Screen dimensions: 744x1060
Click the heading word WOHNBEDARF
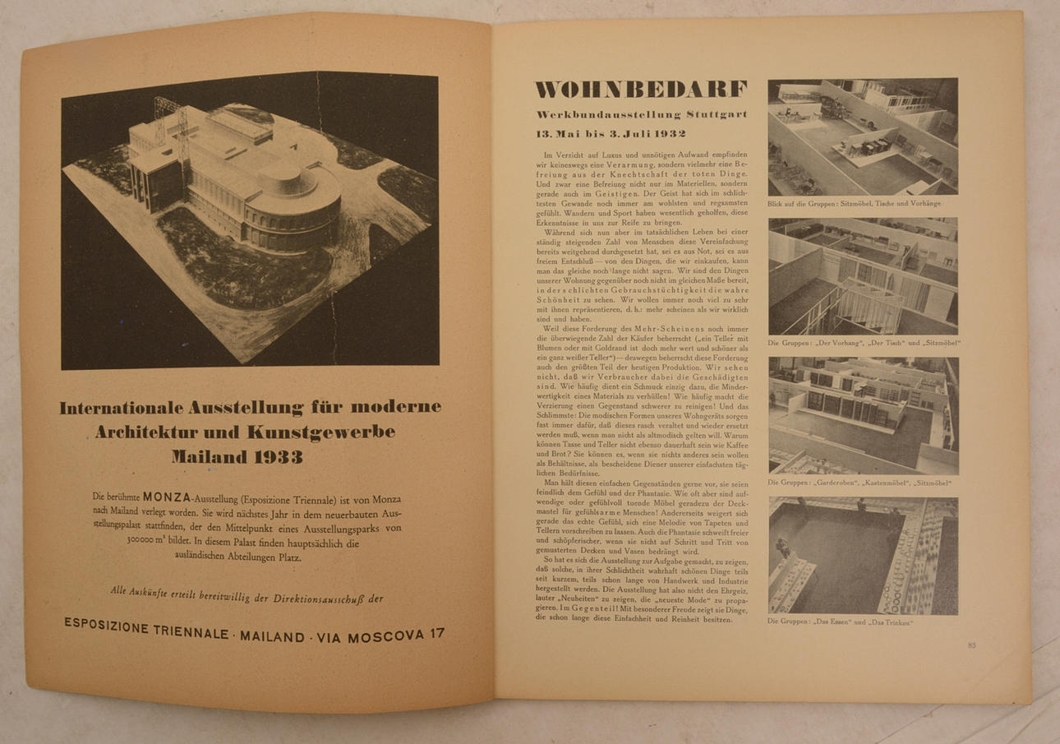(x=641, y=90)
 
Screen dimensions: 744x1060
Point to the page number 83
(x=971, y=645)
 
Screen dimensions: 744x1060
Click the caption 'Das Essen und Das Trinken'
(x=831, y=622)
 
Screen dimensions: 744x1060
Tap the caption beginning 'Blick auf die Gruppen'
(x=855, y=203)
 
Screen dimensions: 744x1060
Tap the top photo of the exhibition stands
(x=863, y=136)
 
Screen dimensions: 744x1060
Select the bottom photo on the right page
(x=863, y=555)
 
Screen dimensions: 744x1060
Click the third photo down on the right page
(x=863, y=414)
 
